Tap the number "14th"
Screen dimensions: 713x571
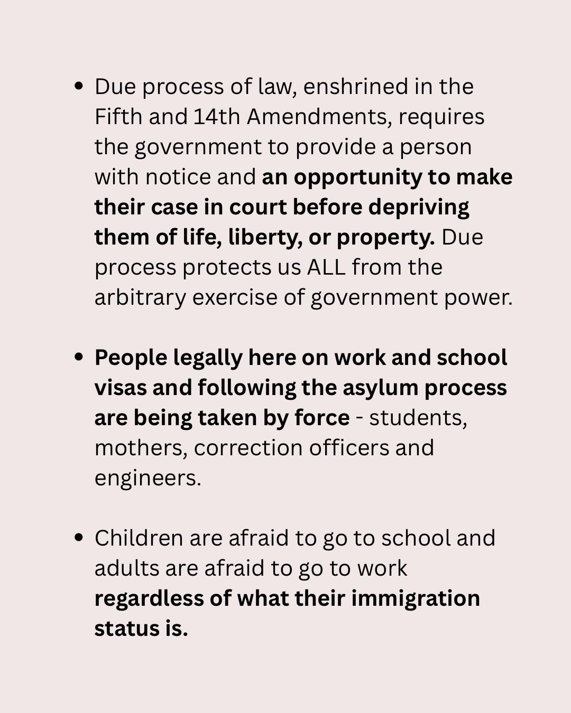pyautogui.click(x=217, y=117)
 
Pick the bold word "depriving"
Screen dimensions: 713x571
pyautogui.click(x=419, y=207)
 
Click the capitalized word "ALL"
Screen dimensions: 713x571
pyautogui.click(x=327, y=267)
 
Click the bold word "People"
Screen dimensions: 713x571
pyautogui.click(x=130, y=358)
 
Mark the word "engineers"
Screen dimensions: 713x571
pyautogui.click(x=147, y=479)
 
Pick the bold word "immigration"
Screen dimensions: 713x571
pyautogui.click(x=416, y=599)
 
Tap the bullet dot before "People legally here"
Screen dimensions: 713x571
pyautogui.click(x=79, y=358)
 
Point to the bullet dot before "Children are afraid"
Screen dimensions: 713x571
pyautogui.click(x=79, y=538)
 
